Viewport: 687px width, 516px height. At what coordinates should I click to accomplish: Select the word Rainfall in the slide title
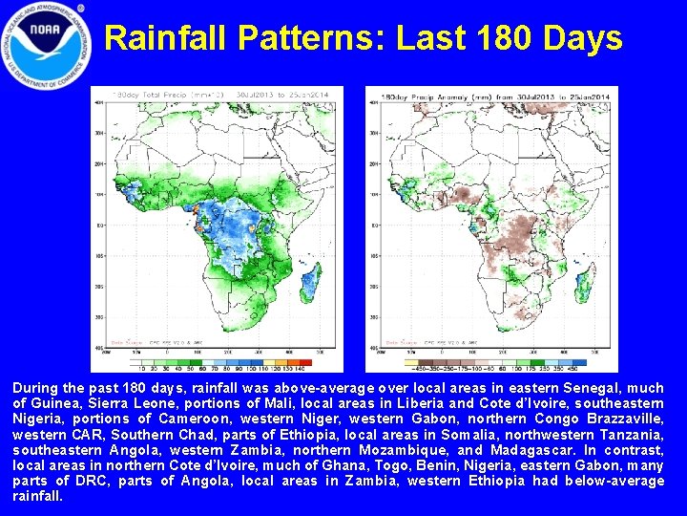[x=168, y=38]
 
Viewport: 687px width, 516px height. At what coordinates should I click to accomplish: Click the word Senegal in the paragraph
[x=602, y=388]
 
